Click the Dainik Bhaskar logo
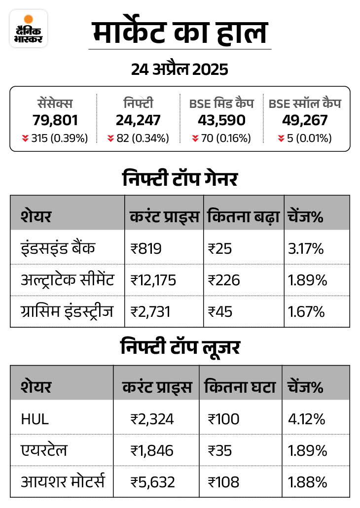[x=29, y=29]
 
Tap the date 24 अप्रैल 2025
[x=180, y=69]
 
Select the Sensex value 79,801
[x=55, y=121]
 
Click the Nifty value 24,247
[x=138, y=121]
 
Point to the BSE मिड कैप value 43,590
[x=221, y=121]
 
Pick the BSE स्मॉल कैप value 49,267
[x=305, y=121]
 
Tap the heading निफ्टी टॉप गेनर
[x=180, y=179]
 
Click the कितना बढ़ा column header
[x=243, y=216]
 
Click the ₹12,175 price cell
[x=153, y=280]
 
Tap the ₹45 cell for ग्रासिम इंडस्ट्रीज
[x=220, y=312]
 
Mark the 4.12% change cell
[x=307, y=419]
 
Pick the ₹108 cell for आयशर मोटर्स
[x=223, y=481]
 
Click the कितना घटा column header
[x=239, y=387]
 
